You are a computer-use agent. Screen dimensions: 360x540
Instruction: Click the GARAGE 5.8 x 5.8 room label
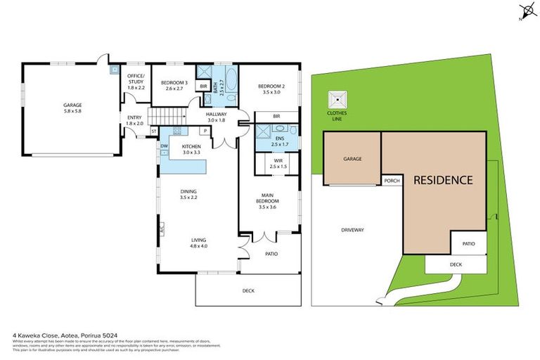pyautogui.click(x=72, y=108)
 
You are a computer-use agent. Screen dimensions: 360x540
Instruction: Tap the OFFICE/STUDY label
pyautogui.click(x=135, y=82)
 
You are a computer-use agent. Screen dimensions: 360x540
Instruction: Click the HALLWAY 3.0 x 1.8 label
pyautogui.click(x=214, y=116)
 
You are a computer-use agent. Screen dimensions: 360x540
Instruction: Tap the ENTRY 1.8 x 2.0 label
pyautogui.click(x=135, y=121)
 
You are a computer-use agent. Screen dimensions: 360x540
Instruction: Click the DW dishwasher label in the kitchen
pyautogui.click(x=164, y=146)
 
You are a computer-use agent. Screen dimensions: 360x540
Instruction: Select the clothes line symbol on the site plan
pyautogui.click(x=337, y=99)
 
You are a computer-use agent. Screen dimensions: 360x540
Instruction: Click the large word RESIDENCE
pyautogui.click(x=442, y=180)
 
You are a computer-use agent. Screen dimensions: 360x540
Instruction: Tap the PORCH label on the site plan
pyautogui.click(x=392, y=181)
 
